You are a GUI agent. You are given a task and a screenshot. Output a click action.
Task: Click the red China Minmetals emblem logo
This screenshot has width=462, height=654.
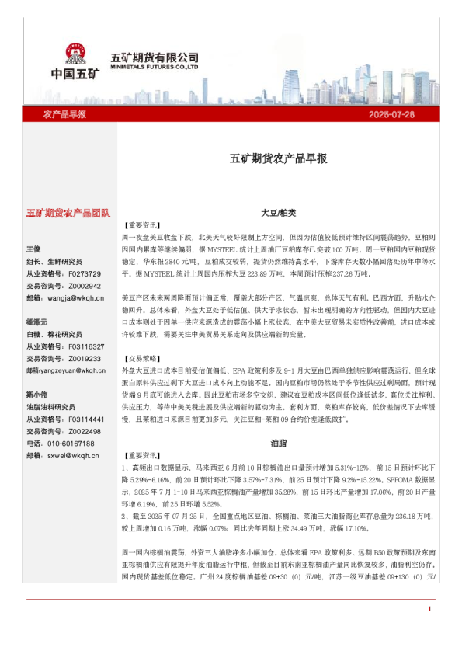[x=77, y=54]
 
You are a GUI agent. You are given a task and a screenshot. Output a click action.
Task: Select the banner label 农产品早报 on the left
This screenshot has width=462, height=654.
[x=64, y=114]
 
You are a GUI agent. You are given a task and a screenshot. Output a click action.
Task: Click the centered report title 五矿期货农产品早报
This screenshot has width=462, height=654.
[x=278, y=158]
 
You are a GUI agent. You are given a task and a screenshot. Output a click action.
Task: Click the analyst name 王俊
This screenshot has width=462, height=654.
[x=34, y=249]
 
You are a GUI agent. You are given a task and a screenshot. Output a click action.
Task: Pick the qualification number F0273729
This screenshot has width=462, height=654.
[x=85, y=273]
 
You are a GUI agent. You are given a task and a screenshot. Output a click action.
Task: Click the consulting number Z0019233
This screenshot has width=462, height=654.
[x=85, y=359]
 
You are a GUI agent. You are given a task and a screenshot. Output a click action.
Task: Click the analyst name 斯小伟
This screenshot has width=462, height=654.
[x=37, y=395]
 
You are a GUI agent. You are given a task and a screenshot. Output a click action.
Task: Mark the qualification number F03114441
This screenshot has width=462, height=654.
[x=86, y=419]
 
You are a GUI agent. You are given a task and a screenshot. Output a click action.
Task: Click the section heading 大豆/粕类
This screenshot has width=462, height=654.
[x=277, y=212]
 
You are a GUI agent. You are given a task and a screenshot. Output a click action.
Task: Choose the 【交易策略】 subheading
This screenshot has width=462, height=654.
[x=141, y=360]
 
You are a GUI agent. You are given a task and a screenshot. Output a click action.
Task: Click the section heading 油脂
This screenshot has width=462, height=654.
[x=277, y=444]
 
